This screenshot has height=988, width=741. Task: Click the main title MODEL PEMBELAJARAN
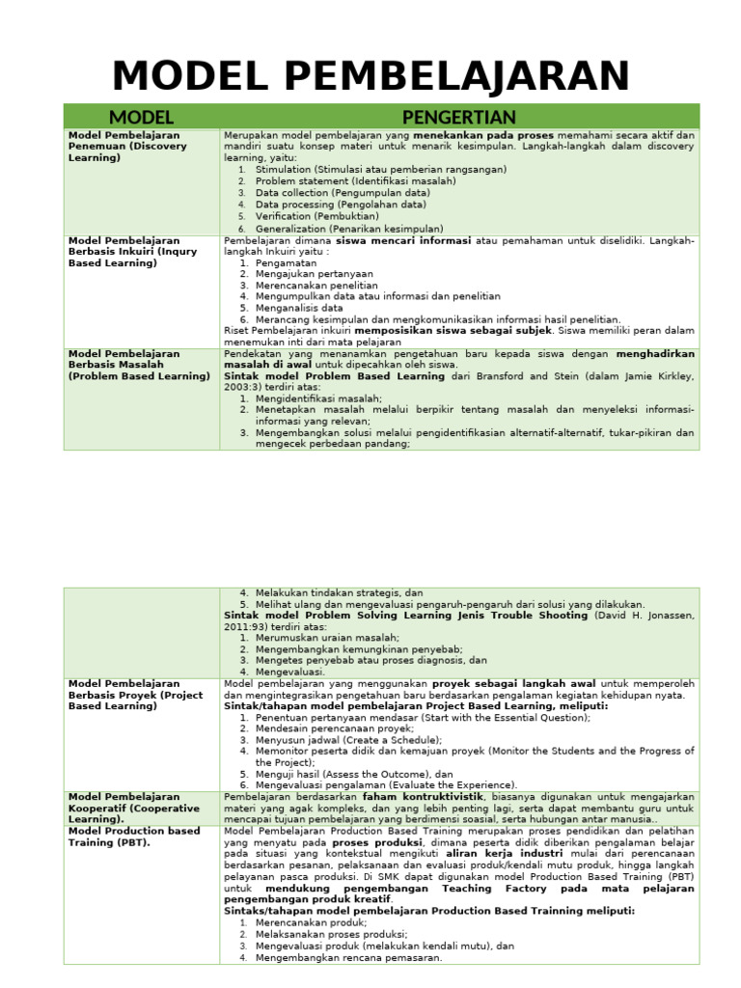[x=370, y=76]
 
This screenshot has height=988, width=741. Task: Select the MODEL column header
[x=142, y=117]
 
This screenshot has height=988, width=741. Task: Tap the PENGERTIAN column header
[x=459, y=117]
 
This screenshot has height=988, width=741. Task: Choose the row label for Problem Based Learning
[x=138, y=365]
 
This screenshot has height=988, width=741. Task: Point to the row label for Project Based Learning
[x=134, y=694]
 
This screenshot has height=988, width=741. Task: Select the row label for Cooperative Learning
[x=134, y=808]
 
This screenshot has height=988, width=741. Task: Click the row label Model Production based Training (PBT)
[x=134, y=836]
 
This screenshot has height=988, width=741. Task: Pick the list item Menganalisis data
[x=299, y=308]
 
